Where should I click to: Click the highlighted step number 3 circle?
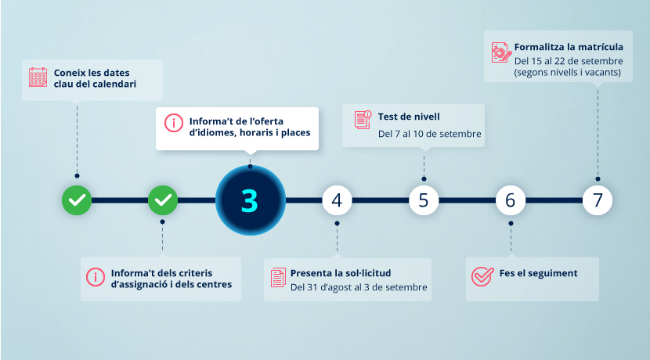pyautogui.click(x=251, y=200)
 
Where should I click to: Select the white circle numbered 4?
pyautogui.click(x=337, y=200)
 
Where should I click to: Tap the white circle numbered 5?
pyautogui.click(x=424, y=200)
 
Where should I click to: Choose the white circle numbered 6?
pyautogui.click(x=511, y=200)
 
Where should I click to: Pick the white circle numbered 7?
pyautogui.click(x=598, y=200)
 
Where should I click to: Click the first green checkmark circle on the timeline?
pyautogui.click(x=77, y=200)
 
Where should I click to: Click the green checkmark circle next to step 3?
pyautogui.click(x=163, y=200)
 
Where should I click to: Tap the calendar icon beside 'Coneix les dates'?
pyautogui.click(x=38, y=77)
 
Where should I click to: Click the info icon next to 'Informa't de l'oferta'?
pyautogui.click(x=174, y=123)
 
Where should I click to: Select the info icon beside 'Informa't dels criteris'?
pyautogui.click(x=96, y=277)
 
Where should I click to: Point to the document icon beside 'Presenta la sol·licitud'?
pyautogui.click(x=278, y=278)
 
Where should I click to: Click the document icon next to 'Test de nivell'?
pyautogui.click(x=363, y=120)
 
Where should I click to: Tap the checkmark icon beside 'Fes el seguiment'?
pyautogui.click(x=482, y=276)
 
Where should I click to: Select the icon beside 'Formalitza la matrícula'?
pyautogui.click(x=501, y=52)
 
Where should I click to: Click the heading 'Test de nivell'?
pyautogui.click(x=409, y=117)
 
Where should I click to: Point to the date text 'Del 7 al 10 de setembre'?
pyautogui.click(x=429, y=134)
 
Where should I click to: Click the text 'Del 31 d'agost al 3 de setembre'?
pyautogui.click(x=359, y=287)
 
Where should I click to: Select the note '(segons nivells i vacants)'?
pyautogui.click(x=568, y=73)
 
